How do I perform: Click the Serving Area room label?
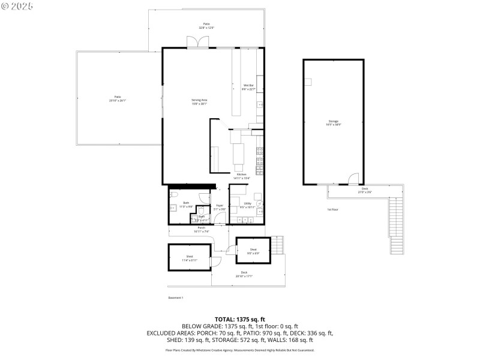tap(199, 101)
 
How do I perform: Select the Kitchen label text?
tap(241, 176)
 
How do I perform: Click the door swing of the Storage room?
tap(354, 179)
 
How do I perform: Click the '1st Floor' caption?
tap(332, 209)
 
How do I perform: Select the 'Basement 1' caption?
tap(176, 298)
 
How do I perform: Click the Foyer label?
tap(220, 207)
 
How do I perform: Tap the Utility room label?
tap(247, 205)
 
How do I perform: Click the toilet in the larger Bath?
tap(175, 196)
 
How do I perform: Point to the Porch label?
tap(202, 229)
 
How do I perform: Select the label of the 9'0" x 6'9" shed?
tap(253, 251)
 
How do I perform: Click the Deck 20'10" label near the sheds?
tap(244, 274)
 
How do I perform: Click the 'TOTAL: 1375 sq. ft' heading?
tap(240, 319)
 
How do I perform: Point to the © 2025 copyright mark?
tap(17, 5)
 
